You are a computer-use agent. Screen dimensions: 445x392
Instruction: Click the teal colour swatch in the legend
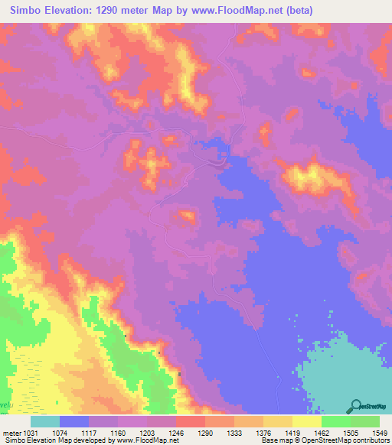point(45,421)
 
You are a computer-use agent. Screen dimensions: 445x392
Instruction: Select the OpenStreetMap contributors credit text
point(352,440)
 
